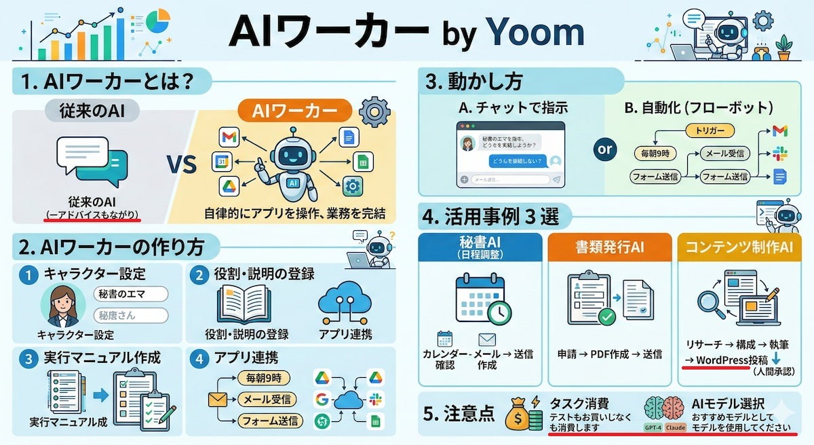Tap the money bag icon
tap(518, 415)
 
